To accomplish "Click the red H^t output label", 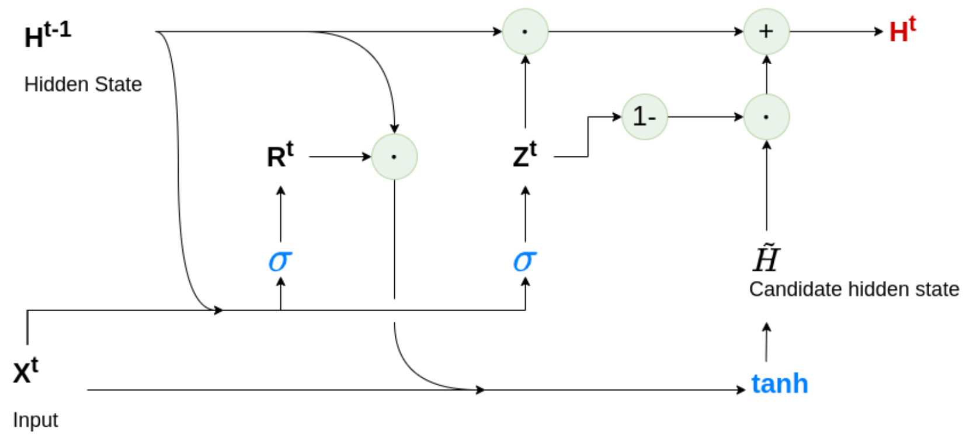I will pos(901,30).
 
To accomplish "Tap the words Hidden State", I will pos(83,85).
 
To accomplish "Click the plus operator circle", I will pos(766,32).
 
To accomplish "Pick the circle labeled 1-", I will pos(644,117).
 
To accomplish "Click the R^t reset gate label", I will pos(280,156).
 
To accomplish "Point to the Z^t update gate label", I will pos(524,156).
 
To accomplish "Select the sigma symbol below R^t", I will pos(280,260).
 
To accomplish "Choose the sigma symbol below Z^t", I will pos(524,260).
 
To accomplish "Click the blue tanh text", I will pos(779,384).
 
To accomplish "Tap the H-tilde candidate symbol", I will pos(766,259).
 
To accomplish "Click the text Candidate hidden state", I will pos(853,290).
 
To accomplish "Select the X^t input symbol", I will pos(26,371).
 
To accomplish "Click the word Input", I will pos(35,420).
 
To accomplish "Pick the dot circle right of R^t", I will pos(394,156).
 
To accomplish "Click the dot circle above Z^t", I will pos(525,32).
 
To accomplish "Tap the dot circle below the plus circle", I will pos(766,117).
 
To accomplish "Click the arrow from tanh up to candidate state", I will pos(766,343).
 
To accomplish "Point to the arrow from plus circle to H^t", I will pos(835,32).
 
